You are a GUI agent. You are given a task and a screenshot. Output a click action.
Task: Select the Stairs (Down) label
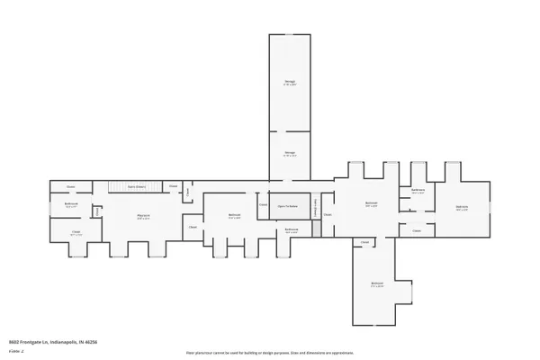(x=137, y=186)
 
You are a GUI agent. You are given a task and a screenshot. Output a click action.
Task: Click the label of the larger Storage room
(x=291, y=84)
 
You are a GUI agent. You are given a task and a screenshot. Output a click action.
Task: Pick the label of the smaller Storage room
(x=291, y=153)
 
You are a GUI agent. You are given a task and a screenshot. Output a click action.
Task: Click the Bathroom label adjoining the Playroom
(x=71, y=205)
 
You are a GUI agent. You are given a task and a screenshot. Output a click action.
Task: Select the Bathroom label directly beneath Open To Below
(x=292, y=230)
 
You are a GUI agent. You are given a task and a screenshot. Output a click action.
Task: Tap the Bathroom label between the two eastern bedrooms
(x=418, y=192)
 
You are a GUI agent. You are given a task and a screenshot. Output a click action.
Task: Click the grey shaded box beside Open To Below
(x=317, y=229)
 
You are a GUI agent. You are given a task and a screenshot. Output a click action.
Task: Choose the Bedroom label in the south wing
(x=377, y=286)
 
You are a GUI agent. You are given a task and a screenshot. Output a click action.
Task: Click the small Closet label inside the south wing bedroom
(x=364, y=242)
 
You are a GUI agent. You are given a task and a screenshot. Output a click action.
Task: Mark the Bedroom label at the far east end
(x=462, y=208)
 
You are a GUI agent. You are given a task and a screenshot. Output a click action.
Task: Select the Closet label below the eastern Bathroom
(x=417, y=231)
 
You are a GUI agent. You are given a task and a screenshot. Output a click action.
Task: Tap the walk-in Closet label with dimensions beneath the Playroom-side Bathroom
(x=76, y=234)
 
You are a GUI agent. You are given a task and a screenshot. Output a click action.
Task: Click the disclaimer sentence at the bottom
(x=270, y=354)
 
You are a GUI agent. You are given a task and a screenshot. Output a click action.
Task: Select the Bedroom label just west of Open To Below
(x=234, y=216)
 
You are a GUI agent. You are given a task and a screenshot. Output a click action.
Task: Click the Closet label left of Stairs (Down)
(x=70, y=186)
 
